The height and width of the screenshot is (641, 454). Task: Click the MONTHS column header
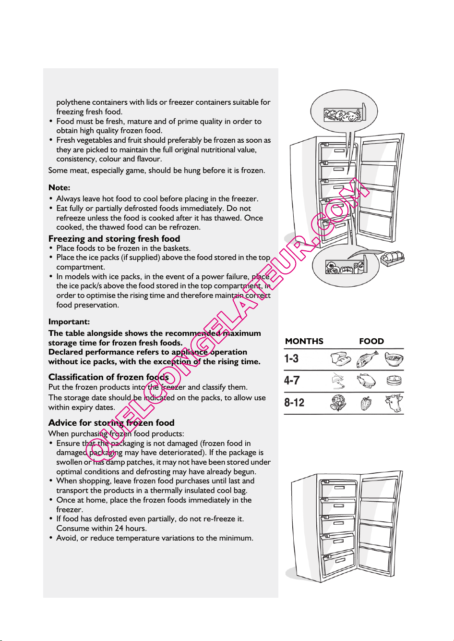304,341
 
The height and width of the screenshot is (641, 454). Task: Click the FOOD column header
371,341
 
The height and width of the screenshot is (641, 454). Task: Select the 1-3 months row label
291,358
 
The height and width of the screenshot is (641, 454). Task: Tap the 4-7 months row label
292,381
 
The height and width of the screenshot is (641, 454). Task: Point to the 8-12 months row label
294,403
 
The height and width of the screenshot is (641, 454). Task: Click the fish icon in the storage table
367,359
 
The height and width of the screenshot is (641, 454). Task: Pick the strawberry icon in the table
366,403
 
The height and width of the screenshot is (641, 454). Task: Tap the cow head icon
394,403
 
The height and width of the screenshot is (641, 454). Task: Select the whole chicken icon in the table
366,381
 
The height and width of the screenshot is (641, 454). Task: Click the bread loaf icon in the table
341,359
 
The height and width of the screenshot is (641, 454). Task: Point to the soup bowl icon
394,359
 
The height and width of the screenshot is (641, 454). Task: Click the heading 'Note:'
59,188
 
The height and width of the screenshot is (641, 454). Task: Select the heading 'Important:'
69,321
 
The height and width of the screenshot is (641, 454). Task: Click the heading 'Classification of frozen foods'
108,377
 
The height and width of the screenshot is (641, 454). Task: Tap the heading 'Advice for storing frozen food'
111,423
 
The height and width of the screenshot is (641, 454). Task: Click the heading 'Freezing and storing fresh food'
114,239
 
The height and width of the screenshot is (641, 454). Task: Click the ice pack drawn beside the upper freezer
392,259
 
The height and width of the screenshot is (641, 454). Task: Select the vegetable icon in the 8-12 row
338,403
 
